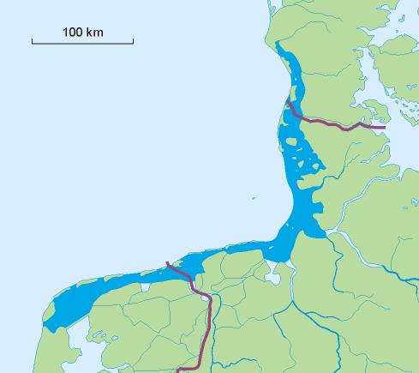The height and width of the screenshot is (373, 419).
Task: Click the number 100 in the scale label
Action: point(73,33)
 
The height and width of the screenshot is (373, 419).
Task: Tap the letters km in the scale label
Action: point(95,33)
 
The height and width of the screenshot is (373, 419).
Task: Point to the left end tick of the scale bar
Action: point(33,40)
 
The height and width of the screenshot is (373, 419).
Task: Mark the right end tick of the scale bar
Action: point(133,40)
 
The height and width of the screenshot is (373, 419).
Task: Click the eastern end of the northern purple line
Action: point(385,128)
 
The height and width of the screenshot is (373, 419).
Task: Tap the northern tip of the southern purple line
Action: point(167,262)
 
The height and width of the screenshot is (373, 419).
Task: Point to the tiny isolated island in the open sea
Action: point(254,196)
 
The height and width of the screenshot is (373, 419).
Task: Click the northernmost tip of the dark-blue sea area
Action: point(286,53)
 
